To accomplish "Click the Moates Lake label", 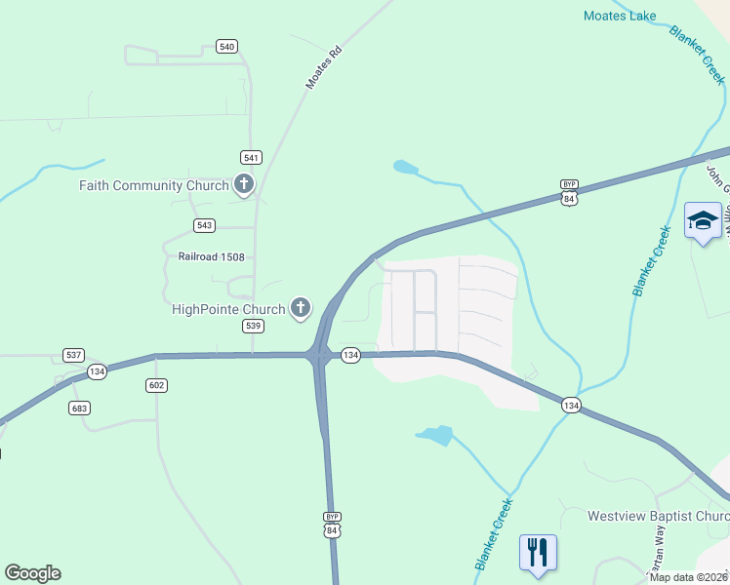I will pos(619,16).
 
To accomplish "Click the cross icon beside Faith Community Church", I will pos(243,184).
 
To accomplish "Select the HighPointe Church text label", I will pos(228,310).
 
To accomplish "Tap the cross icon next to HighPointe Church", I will pos(301,309).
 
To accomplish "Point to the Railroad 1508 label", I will pos(204,257).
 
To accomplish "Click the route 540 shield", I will pos(226,47).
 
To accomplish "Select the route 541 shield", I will pos(252,157).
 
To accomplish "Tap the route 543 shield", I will pos(204,225).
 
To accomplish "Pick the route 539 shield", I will pos(253,326).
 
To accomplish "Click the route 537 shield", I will pos(72,354).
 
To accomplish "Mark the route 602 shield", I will pos(156,385).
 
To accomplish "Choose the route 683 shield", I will pos(79,408).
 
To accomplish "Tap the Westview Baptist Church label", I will pos(658,515).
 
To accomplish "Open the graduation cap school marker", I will pos(703,220).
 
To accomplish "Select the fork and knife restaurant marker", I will pos(537,552).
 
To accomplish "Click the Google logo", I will pos(32,573).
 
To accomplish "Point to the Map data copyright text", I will pos(689,577).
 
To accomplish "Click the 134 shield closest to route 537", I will pos(97,371).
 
